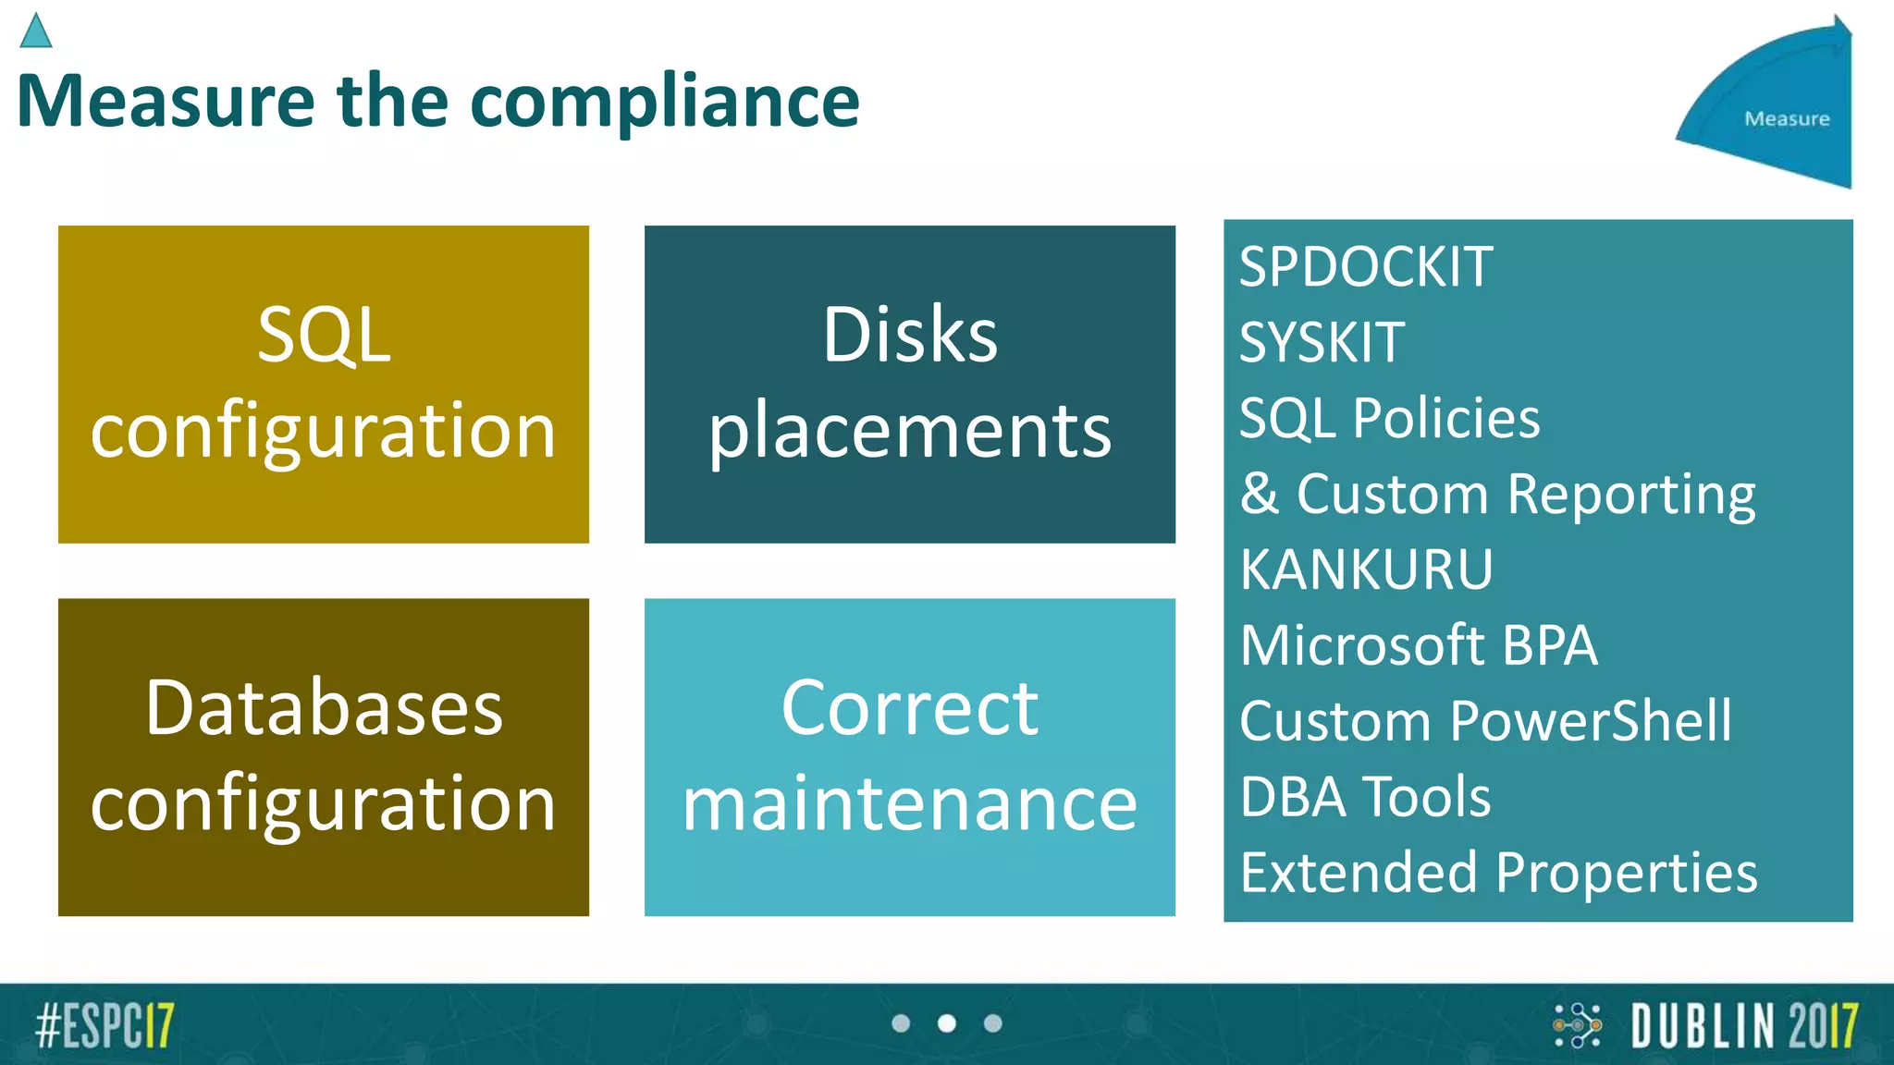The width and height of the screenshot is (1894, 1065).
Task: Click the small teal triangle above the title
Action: (35, 31)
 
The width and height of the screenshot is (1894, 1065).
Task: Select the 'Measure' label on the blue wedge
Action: (1787, 118)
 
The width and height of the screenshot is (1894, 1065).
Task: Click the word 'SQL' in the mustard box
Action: (324, 335)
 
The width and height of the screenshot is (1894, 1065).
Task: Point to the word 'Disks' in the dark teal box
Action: (910, 335)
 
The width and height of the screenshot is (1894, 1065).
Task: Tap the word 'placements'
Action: (910, 433)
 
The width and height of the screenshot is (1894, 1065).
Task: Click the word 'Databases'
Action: (324, 708)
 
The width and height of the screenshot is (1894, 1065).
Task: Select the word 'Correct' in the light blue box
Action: (910, 708)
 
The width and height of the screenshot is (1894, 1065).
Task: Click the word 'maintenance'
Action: (910, 804)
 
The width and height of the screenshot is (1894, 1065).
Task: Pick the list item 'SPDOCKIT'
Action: (1366, 267)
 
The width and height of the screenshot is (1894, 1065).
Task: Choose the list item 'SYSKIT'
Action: (1322, 343)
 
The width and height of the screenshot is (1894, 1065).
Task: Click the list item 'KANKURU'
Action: (1366, 569)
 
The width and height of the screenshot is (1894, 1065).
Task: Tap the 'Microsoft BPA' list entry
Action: (1419, 645)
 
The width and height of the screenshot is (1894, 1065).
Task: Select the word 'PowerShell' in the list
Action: (1591, 721)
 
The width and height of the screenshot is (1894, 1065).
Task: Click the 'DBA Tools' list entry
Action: (1365, 797)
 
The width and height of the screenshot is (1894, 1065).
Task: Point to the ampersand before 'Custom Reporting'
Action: (1259, 494)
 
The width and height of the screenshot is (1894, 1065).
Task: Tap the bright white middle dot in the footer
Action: (947, 1023)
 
